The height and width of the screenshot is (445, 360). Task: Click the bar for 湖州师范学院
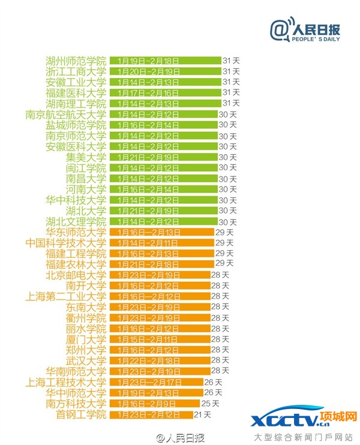165,61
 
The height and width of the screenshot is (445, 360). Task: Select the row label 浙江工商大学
76,71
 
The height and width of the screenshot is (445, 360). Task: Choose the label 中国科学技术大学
66,243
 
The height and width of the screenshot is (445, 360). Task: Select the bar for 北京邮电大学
158,275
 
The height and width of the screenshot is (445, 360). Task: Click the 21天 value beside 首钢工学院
203,414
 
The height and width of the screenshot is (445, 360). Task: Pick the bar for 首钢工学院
151,414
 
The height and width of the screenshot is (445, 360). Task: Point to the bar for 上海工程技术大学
156,383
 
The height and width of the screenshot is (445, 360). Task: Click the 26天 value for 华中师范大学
214,393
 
